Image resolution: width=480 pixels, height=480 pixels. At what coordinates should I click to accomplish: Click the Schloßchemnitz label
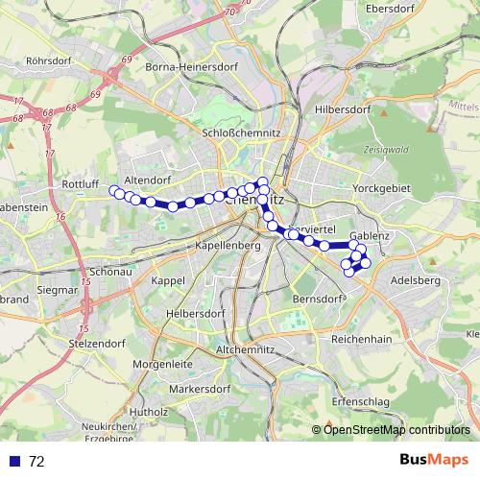click(x=241, y=132)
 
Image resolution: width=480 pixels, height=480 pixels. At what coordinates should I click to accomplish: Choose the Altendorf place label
click(x=147, y=179)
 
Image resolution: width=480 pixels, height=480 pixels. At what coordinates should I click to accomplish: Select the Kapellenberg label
click(x=228, y=246)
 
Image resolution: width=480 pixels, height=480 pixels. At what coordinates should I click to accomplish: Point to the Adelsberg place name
click(x=416, y=280)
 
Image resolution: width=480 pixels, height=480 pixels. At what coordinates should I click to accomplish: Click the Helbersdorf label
click(x=193, y=314)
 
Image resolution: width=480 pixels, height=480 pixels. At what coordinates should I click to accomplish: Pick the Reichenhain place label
click(x=361, y=340)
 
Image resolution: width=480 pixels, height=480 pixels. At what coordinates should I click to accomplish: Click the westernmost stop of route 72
click(x=113, y=190)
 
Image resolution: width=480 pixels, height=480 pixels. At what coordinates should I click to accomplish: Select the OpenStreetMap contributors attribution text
click(x=396, y=429)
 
